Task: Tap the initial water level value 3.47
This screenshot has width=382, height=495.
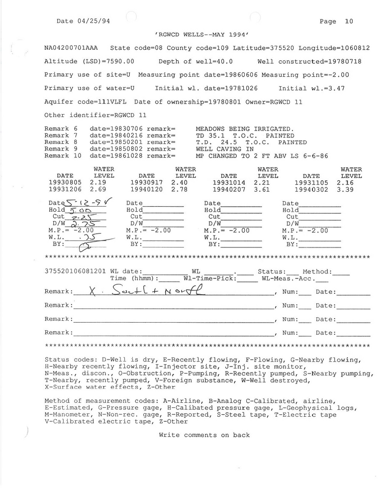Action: click(335, 88)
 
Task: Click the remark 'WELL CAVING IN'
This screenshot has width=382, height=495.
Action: click(225, 149)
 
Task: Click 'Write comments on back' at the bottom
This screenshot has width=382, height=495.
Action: click(204, 435)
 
